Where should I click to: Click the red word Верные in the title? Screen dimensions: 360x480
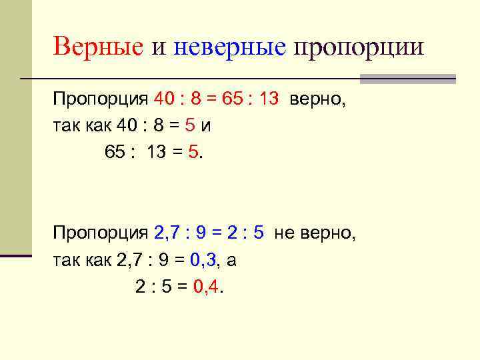99,46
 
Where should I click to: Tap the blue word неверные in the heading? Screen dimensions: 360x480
229,46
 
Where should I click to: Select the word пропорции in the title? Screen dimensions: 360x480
359,46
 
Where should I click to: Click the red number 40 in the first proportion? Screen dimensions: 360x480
163,100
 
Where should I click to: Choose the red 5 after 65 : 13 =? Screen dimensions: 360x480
193,151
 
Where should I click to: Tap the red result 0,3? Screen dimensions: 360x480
203,259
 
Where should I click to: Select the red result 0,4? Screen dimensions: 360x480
205,286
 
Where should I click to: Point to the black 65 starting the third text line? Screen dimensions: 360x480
115,151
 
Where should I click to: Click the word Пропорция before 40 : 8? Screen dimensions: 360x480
101,100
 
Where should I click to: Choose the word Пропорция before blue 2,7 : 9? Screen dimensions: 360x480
101,233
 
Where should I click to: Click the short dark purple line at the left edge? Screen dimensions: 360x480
16,255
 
